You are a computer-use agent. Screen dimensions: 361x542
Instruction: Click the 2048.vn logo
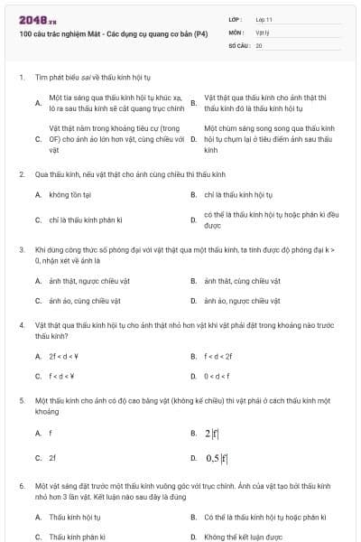(x=32, y=20)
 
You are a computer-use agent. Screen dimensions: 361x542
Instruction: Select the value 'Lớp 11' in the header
(x=264, y=19)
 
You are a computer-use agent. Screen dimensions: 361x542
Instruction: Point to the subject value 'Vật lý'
(x=263, y=32)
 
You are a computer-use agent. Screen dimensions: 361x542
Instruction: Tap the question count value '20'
(x=259, y=44)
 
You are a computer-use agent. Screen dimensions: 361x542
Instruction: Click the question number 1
(x=21, y=77)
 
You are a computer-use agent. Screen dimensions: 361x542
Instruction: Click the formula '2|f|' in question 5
(x=215, y=433)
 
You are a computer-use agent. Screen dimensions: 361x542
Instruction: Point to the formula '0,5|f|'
(x=217, y=458)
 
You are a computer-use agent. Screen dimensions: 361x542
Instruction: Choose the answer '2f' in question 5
(x=52, y=457)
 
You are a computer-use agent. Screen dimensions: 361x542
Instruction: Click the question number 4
(x=21, y=322)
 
